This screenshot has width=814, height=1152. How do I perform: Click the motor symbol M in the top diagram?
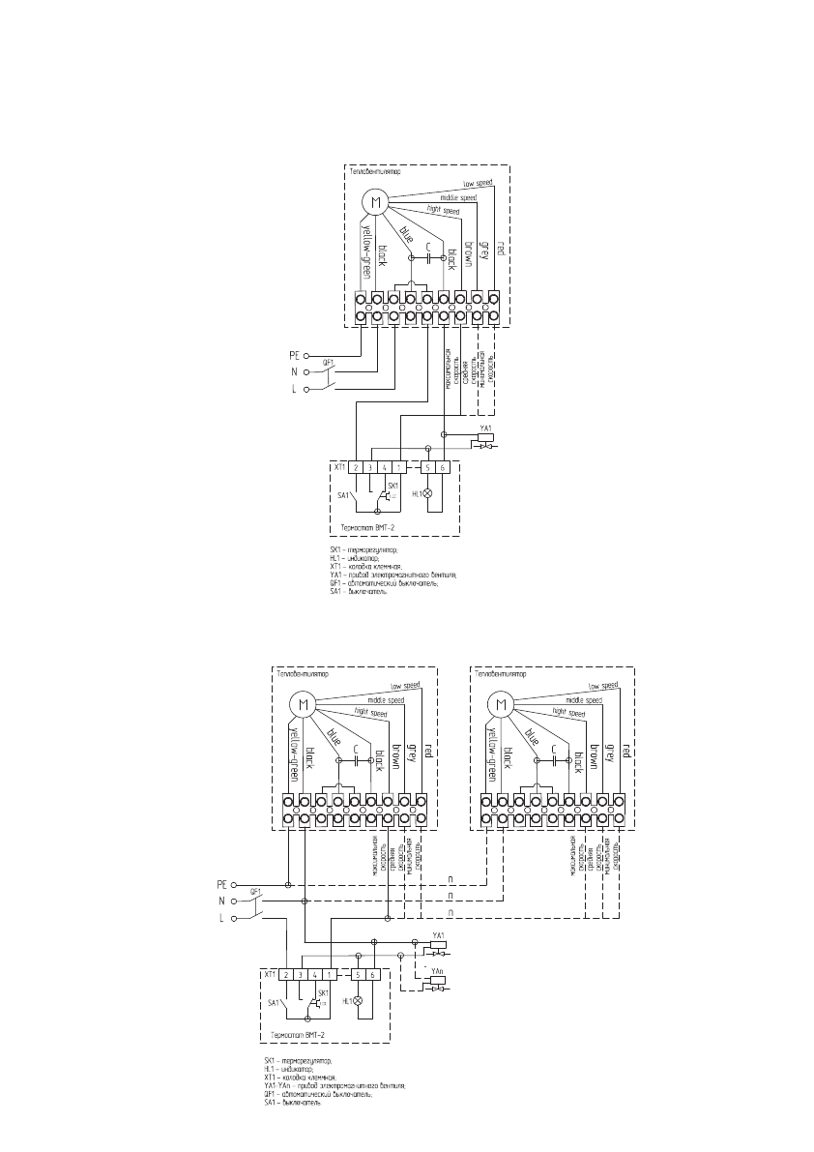pos(374,202)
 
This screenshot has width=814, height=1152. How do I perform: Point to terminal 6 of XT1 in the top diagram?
pos(444,468)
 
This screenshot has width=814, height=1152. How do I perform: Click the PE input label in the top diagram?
pos(297,355)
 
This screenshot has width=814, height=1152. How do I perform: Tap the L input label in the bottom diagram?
pos(221,918)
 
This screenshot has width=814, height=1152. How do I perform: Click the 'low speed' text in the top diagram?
pos(478,183)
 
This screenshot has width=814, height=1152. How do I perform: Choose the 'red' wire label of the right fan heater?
pos(626,749)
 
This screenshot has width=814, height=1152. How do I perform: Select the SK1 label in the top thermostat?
pos(392,485)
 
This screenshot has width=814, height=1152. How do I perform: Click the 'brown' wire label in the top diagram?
pos(467,252)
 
